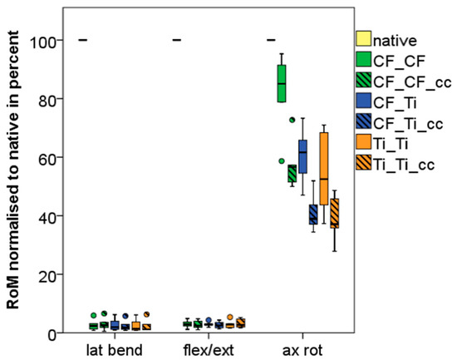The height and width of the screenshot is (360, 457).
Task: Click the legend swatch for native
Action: (362, 39)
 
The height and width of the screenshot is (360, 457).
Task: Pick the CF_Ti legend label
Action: (396, 102)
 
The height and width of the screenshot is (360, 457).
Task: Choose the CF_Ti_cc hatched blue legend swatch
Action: (362, 123)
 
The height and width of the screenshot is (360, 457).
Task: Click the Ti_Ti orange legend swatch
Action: (362, 144)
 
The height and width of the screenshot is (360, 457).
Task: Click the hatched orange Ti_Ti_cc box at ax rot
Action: (334, 213)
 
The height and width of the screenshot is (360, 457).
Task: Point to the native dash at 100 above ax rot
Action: (270, 40)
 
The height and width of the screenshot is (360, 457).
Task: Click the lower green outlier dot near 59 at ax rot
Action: (282, 160)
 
